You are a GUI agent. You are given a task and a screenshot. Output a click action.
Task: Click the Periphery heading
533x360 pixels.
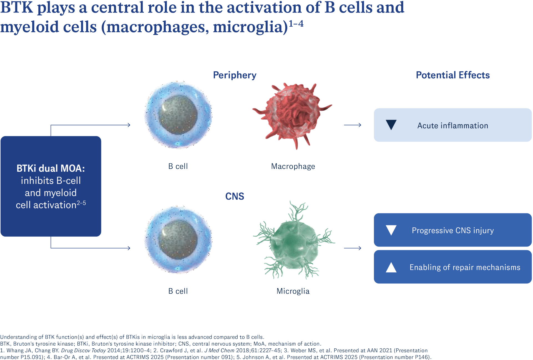coord(235,75)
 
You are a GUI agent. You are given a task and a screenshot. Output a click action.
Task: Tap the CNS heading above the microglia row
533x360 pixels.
coord(235,196)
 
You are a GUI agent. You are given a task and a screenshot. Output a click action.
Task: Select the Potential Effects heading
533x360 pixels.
coord(452,75)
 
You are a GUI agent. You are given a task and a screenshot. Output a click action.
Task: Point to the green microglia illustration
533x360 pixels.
coord(293,242)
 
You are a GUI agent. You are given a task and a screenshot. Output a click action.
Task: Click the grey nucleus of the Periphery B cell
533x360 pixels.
coord(178,114)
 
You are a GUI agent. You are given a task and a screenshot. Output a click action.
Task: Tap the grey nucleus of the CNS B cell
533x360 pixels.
coord(178,239)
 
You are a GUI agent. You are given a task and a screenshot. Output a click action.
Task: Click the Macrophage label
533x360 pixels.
coord(293,166)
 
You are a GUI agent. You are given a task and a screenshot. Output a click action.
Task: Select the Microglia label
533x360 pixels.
coord(293,291)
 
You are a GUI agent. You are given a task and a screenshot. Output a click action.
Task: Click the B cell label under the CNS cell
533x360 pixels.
coord(178,291)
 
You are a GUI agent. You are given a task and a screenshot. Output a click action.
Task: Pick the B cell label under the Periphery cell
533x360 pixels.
coord(178,166)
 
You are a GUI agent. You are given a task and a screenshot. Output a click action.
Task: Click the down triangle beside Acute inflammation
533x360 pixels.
coord(391,125)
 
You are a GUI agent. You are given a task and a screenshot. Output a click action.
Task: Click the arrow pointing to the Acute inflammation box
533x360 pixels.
coord(353,125)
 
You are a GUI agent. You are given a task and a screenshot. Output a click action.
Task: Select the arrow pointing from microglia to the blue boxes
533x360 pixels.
coord(353,248)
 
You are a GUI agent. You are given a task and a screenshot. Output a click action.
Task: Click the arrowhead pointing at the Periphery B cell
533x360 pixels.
coord(129,125)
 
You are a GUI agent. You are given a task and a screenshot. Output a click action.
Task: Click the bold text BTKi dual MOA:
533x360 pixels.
coord(51,168)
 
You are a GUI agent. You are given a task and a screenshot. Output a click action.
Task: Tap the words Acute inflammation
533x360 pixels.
coord(452,126)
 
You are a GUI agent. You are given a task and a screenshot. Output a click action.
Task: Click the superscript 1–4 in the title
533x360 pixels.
coord(296,24)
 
